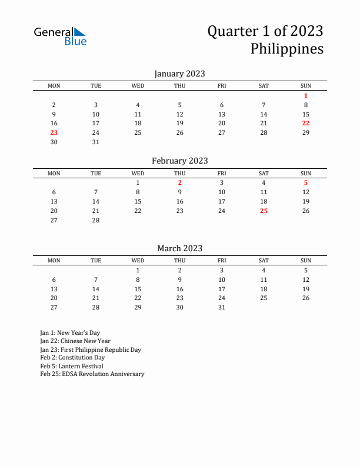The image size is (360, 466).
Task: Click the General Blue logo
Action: pos(60,36)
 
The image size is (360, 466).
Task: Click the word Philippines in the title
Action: pos(286,48)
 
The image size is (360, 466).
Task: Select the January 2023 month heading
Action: pos(179,74)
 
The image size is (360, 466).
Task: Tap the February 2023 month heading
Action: pos(179,161)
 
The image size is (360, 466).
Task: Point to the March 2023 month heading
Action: pos(179,248)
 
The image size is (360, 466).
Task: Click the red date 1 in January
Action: pos(306,95)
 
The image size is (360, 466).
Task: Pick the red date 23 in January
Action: pos(54,132)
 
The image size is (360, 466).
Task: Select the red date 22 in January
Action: pos(306,123)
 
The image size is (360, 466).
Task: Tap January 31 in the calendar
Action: pos(96,142)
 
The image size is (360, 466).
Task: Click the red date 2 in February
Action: pos(180,182)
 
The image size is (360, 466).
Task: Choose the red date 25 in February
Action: pos(264,211)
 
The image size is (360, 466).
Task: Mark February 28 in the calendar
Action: pos(96,220)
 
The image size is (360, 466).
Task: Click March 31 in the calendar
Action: pos(222,307)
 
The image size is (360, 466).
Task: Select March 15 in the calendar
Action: pos(138,289)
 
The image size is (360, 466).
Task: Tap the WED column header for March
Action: pos(138,260)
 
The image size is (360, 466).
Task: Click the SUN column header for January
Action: pos(306,86)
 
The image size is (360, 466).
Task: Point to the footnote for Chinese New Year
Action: pos(75,341)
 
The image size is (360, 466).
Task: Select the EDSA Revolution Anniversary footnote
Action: pos(92,374)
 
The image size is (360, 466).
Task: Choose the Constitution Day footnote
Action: pos(72,358)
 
